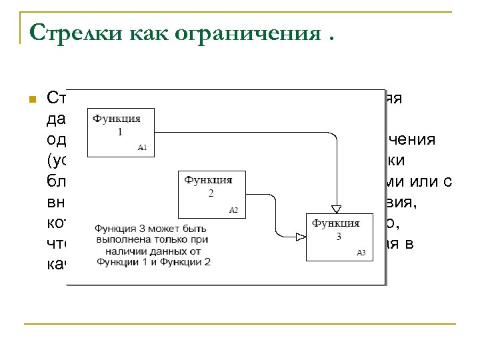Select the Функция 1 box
120,132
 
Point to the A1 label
142,148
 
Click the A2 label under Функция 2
233,209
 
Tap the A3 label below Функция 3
361,253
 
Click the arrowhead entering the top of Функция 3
337,207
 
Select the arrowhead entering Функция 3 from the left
300,236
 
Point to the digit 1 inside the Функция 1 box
119,131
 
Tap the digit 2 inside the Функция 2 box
211,193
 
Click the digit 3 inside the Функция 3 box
338,237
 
